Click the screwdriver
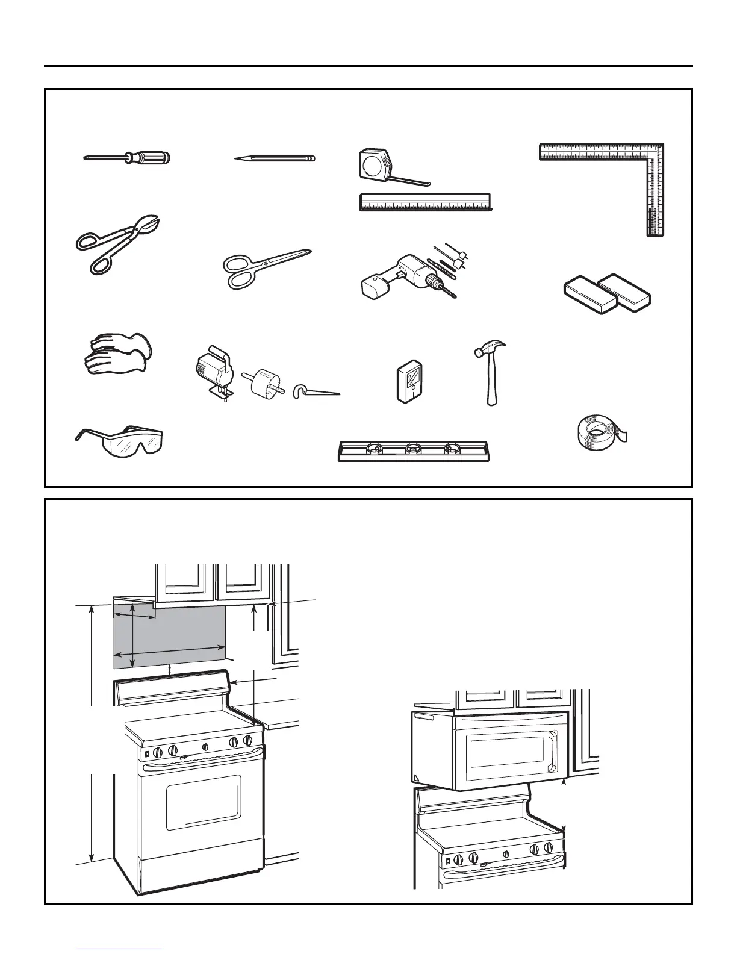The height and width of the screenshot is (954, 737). point(128,158)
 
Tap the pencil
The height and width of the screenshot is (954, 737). point(275,158)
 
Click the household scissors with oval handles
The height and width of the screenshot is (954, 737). point(265,268)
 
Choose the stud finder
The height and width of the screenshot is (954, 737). point(409,382)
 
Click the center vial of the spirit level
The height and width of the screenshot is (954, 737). point(413,447)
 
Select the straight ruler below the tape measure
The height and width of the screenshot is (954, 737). point(425,202)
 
